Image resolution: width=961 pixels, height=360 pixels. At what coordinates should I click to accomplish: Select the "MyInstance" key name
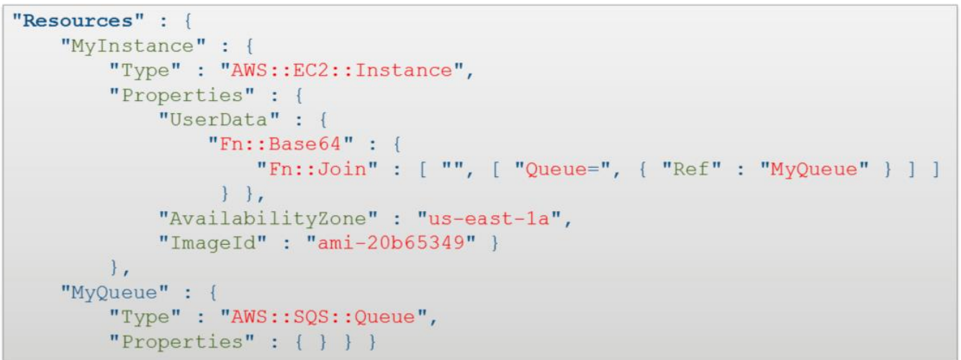(132, 45)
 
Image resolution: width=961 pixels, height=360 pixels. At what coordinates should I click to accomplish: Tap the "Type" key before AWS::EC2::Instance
(145, 70)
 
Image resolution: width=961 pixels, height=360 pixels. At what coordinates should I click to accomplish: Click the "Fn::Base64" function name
(285, 144)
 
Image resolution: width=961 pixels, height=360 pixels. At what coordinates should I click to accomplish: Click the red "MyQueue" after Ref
(813, 169)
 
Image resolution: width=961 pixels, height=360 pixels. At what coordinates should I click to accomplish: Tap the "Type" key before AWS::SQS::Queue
(145, 318)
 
